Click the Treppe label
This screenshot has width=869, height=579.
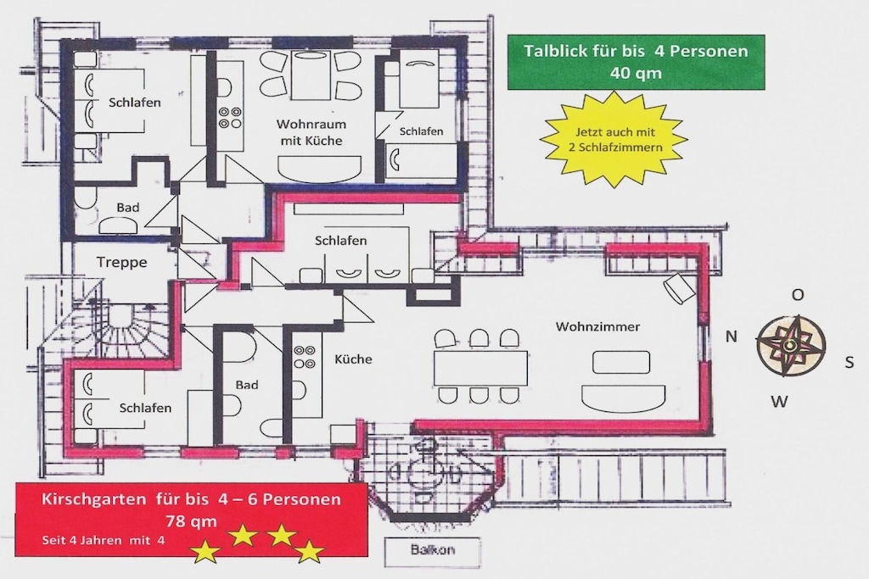[x=122, y=263]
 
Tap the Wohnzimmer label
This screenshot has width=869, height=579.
[x=598, y=326]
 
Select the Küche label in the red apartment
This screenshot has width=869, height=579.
[x=354, y=359]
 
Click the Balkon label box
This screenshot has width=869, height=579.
[x=433, y=550]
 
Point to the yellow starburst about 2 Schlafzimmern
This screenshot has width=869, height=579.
[x=614, y=140]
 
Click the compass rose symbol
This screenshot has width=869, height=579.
[x=791, y=346]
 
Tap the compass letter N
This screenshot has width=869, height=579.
[x=732, y=336]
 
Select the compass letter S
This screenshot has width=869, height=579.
[x=849, y=363]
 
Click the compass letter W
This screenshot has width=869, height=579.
[x=779, y=401]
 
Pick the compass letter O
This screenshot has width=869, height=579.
[x=798, y=295]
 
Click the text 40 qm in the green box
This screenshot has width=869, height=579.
[x=636, y=73]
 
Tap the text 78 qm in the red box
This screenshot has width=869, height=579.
[x=191, y=521]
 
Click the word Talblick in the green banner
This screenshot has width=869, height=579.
[x=555, y=51]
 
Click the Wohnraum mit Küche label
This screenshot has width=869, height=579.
[x=311, y=132]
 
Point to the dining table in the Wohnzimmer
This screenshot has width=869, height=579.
[x=480, y=368]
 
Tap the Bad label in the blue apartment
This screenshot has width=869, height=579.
[x=128, y=208]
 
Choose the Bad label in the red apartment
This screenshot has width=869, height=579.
[x=247, y=385]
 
